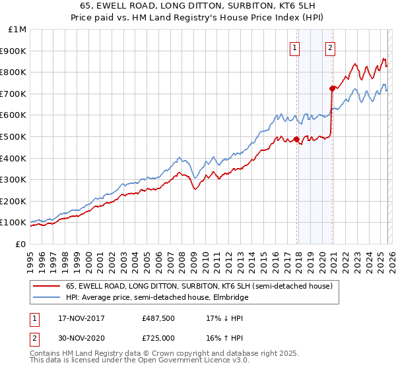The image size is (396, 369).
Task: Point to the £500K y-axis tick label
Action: (x=14, y=136)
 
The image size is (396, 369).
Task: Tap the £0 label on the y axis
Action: (x=20, y=244)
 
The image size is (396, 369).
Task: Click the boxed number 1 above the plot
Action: (x=294, y=47)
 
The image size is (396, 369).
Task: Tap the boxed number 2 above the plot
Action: (x=330, y=47)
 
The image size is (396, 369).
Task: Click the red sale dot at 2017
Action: (x=296, y=139)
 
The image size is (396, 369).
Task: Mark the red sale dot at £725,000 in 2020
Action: (x=332, y=88)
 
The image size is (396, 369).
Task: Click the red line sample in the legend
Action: (x=46, y=287)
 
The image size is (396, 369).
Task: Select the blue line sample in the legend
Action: (x=46, y=297)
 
